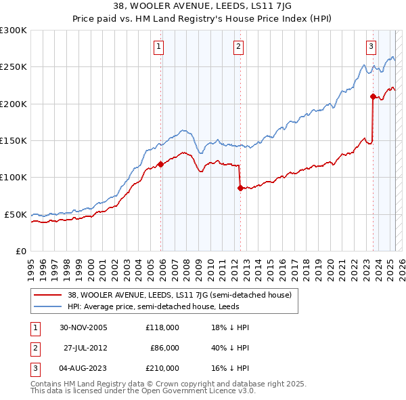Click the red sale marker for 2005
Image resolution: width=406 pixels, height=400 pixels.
(160, 164)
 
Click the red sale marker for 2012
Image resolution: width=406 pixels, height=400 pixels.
(240, 188)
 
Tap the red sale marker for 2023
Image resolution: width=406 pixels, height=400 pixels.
(373, 96)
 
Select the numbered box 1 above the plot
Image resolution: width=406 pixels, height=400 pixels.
(158, 47)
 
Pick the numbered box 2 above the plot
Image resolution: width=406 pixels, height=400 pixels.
(239, 47)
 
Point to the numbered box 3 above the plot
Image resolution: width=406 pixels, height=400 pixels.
(371, 47)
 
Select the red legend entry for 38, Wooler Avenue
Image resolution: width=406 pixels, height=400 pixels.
(179, 295)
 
